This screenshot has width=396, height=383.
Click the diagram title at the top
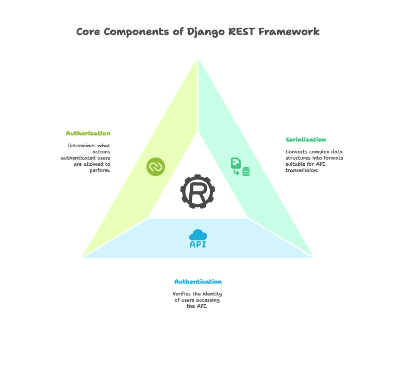pyautogui.click(x=197, y=32)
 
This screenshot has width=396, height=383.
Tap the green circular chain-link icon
pyautogui.click(x=156, y=167)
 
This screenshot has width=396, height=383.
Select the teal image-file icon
pyautogui.click(x=236, y=163)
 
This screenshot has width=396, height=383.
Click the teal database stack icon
pyautogui.click(x=246, y=172)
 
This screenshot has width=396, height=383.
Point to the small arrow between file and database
pyautogui.click(x=237, y=172)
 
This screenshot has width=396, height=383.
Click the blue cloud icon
pyautogui.click(x=198, y=235)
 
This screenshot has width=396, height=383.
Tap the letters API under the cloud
pyautogui.click(x=198, y=245)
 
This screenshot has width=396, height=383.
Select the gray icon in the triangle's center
pyautogui.click(x=197, y=191)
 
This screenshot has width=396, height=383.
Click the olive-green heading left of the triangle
pyautogui.click(x=87, y=133)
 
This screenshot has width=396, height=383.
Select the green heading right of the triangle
pyautogui.click(x=306, y=140)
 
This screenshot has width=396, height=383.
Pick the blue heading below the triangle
pyautogui.click(x=198, y=282)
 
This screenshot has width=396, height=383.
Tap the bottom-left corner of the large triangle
pyautogui.click(x=81, y=256)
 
